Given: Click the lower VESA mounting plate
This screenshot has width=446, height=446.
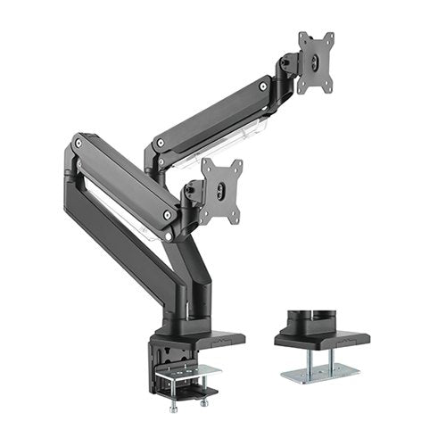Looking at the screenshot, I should click(x=221, y=189).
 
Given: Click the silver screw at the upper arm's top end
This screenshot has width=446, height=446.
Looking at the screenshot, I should click(x=263, y=86).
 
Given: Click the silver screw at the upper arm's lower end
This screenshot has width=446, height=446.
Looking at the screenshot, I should click(x=159, y=143).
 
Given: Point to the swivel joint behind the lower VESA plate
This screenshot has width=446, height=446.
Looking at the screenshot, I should click(x=192, y=194).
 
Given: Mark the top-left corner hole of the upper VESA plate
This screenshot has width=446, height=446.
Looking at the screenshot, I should click(x=302, y=37).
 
